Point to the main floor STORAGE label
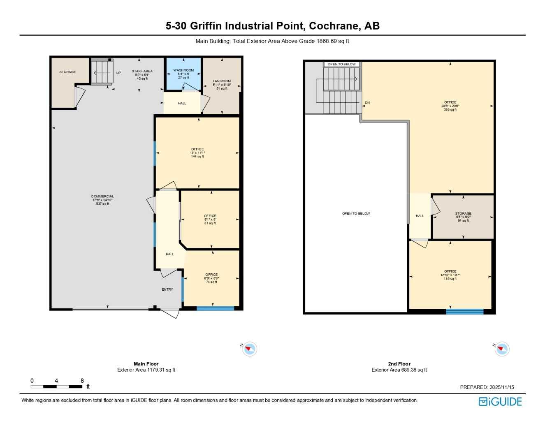point(67,72)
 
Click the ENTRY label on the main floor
point(167,289)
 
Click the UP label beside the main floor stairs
point(118,73)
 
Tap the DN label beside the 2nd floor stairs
point(367,102)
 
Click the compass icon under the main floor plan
point(249,349)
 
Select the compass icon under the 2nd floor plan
point(502,349)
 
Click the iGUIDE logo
point(500,401)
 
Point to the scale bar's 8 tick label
point(82,381)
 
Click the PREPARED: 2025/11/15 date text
point(487,387)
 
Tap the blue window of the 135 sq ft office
point(465,311)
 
